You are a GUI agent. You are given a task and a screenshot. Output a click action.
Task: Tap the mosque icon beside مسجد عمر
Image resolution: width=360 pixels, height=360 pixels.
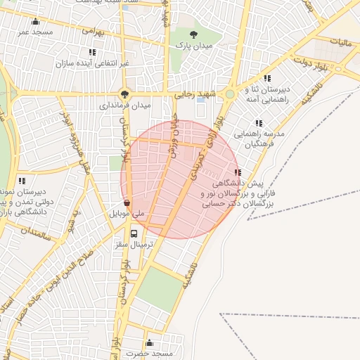pos(36,21)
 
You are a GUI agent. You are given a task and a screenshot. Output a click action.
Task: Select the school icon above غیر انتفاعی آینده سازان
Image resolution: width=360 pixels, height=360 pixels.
pos(92,52)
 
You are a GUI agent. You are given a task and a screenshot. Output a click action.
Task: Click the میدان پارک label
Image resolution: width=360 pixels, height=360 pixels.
pos(195,45)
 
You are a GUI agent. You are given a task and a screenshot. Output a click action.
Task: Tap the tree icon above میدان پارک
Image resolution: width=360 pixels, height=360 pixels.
pos(195,34)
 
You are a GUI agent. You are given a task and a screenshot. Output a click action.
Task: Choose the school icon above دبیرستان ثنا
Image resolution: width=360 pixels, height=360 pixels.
pos(267,79)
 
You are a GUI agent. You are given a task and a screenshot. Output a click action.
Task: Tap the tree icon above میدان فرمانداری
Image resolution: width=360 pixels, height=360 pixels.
pos(125,94)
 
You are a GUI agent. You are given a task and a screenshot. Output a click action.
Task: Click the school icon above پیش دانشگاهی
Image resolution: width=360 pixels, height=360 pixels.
pos(238,172)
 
